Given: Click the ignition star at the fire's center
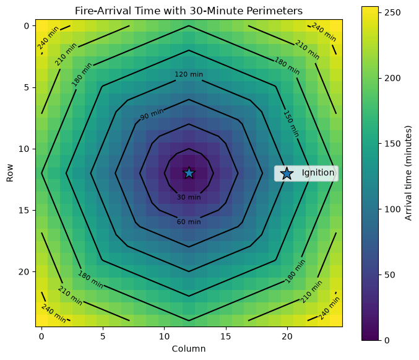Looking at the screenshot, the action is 189,173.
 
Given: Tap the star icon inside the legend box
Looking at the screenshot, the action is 287,173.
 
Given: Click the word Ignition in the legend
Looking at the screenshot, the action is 318,173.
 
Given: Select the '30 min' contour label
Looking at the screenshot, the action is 189,197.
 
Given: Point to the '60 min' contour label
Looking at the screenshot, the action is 189,222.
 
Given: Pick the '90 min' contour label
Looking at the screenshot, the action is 152,114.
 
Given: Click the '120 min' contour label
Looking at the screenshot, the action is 189,74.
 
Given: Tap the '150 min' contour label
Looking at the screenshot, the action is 291,123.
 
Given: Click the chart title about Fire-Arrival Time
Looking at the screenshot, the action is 189,11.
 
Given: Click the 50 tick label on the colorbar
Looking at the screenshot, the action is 390,274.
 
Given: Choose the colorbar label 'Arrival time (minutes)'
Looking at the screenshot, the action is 408,173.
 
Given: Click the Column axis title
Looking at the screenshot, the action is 189,349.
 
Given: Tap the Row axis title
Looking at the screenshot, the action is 10,173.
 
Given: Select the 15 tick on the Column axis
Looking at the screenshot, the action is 226,336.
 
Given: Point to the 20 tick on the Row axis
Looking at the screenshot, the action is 24,271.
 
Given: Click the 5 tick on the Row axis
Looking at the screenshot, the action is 27,87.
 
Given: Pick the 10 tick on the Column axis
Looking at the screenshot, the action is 165,336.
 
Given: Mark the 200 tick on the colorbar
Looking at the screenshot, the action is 392,78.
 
